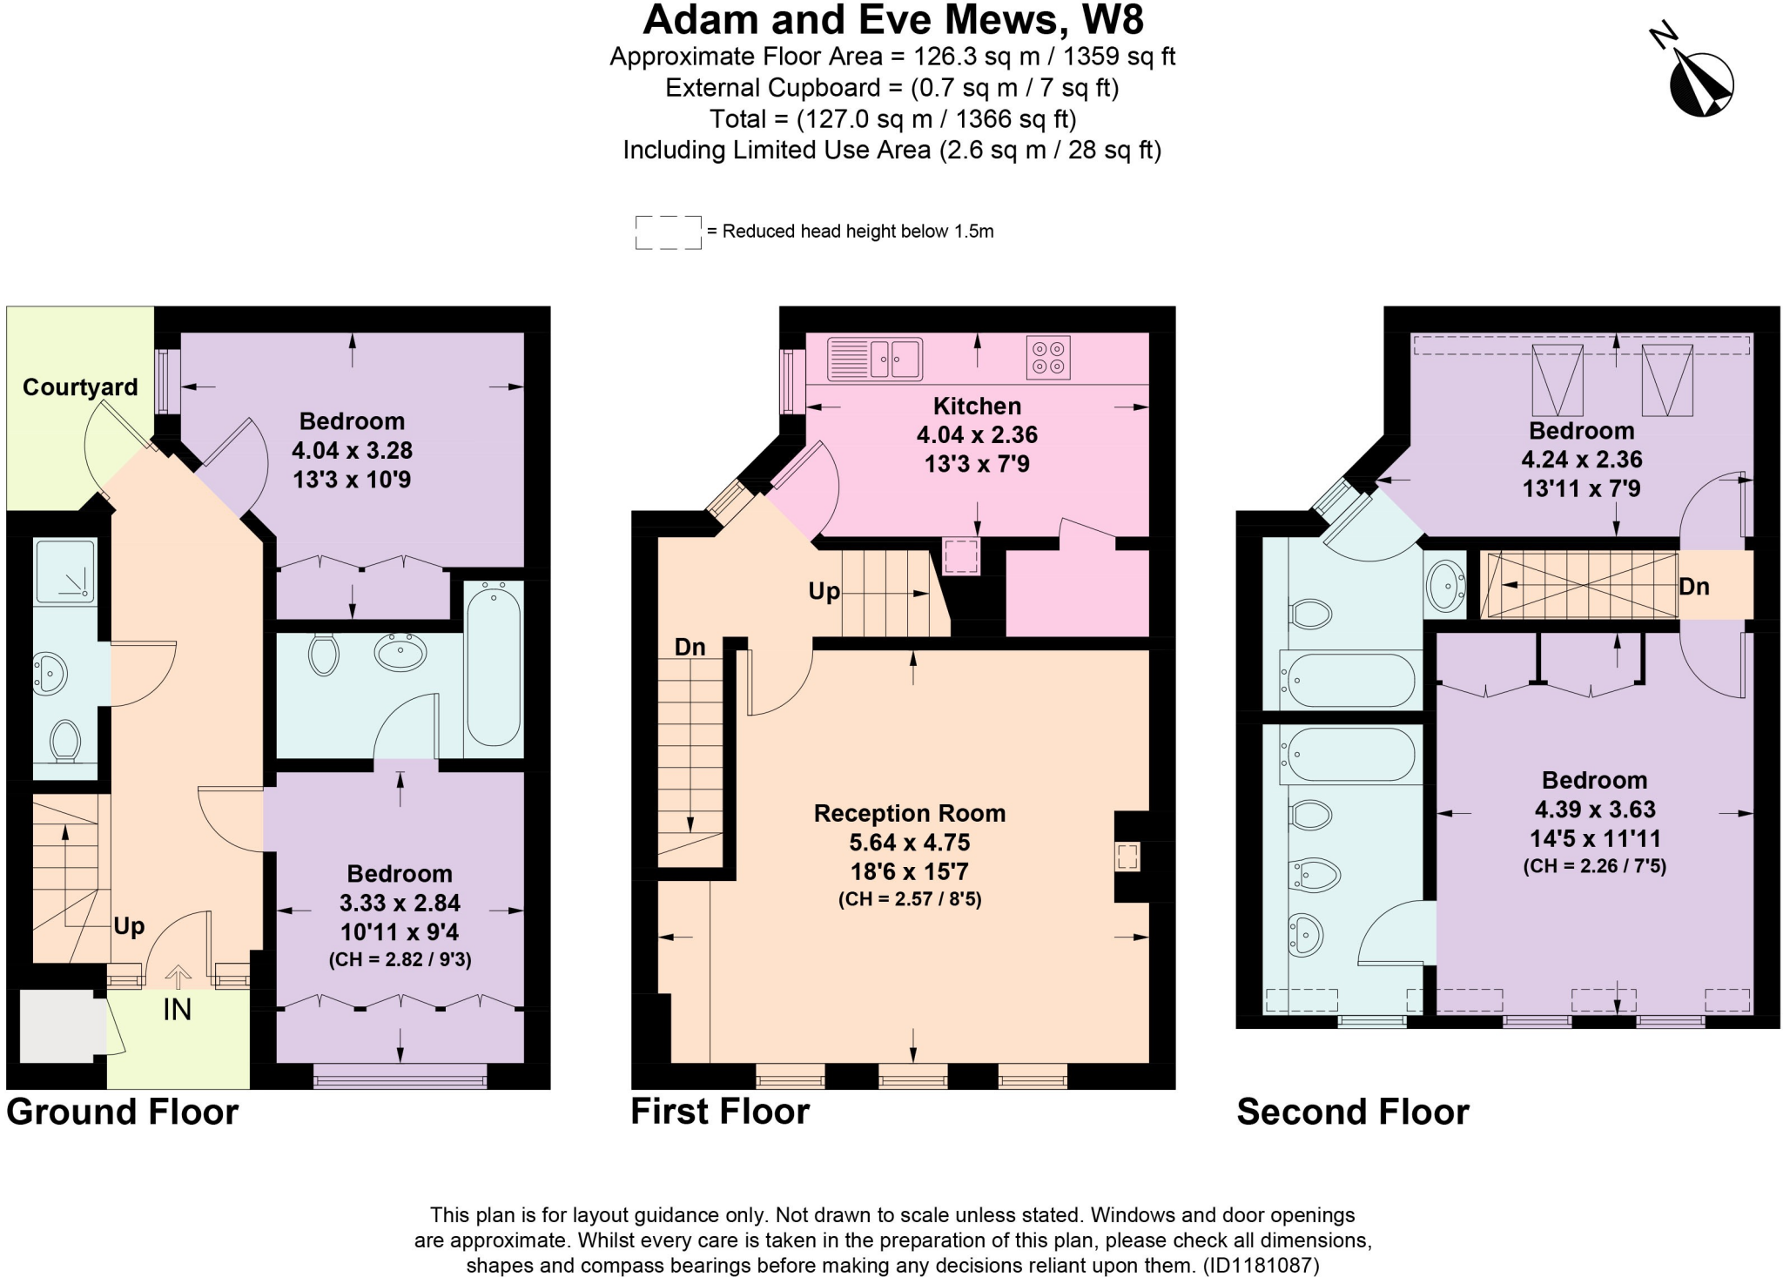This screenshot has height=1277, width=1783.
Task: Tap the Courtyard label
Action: click(80, 387)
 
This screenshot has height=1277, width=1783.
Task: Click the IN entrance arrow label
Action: click(177, 1010)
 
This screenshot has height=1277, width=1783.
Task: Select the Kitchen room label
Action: click(977, 407)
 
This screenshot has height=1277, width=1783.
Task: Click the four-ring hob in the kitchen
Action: click(1047, 358)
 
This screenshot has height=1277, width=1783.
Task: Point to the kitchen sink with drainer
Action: click(874, 359)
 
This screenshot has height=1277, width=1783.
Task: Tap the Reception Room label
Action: click(909, 814)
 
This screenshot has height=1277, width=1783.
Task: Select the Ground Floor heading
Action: click(123, 1112)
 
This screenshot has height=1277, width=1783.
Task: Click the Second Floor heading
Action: click(1352, 1112)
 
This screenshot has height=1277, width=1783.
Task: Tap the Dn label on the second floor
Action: click(1693, 587)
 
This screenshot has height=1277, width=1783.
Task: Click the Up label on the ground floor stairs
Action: click(129, 926)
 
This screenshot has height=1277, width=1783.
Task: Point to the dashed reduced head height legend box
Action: click(668, 232)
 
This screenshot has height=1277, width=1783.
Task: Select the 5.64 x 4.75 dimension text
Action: click(909, 843)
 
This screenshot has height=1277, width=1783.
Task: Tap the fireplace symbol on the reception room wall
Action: click(1127, 857)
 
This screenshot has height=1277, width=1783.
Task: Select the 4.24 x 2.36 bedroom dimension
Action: click(1581, 460)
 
